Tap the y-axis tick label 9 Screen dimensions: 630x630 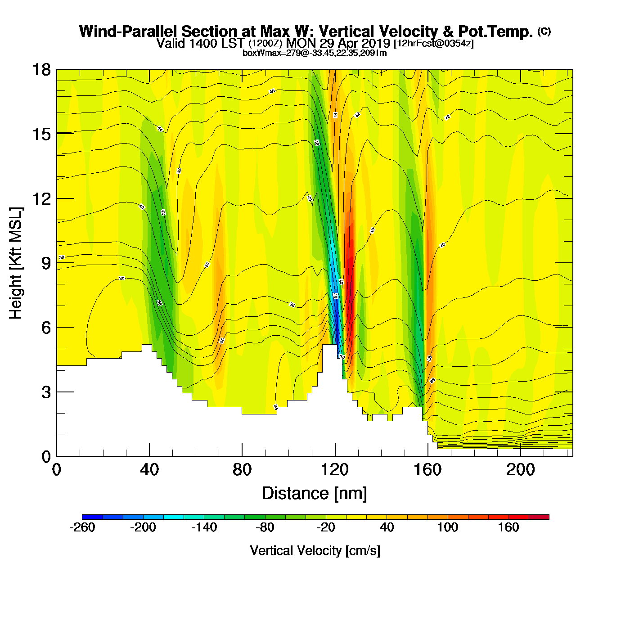pos(45,263)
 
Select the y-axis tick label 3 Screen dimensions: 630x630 pos(45,392)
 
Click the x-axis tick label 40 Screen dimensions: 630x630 pos(149,470)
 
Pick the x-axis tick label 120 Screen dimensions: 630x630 pos(335,470)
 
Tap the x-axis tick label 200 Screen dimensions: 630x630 pos(520,470)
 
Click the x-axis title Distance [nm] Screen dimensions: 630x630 pos(315,493)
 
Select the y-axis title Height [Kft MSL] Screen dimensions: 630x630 pos(16,263)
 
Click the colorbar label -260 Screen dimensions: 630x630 pos(82,527)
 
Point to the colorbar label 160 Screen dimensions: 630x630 pos(508,527)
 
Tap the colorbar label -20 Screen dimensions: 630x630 pos(326,527)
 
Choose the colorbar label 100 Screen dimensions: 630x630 pos(447,527)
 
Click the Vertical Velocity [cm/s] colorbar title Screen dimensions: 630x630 pos(315,550)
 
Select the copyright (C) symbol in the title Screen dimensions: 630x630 pos(544,31)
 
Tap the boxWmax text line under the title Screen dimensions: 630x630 pos(315,53)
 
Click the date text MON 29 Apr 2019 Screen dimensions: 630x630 pos(338,43)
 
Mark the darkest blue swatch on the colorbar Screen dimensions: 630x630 pos(92,517)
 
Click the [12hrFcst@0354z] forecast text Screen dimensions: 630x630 pos(434,44)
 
